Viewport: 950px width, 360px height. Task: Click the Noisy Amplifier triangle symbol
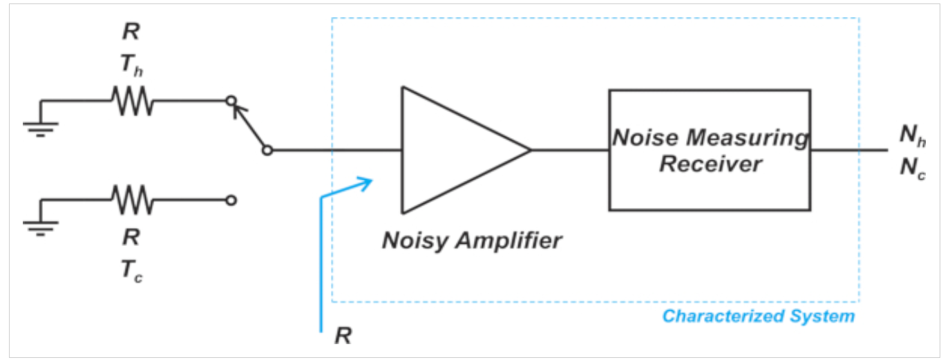pyautogui.click(x=456, y=149)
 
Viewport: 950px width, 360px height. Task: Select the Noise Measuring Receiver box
pyautogui.click(x=709, y=149)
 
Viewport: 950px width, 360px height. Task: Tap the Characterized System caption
pyautogui.click(x=758, y=316)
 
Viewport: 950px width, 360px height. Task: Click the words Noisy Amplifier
pyautogui.click(x=472, y=241)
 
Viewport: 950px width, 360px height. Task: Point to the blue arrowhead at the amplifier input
pyautogui.click(x=366, y=182)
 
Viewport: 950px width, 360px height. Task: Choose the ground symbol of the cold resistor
pyautogui.click(x=40, y=226)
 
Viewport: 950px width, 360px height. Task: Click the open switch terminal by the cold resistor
pyautogui.click(x=231, y=200)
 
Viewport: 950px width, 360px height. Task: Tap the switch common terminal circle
pyautogui.click(x=267, y=149)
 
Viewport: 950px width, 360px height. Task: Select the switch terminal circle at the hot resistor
pyautogui.click(x=231, y=101)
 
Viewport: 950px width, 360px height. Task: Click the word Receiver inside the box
pyautogui.click(x=710, y=164)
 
